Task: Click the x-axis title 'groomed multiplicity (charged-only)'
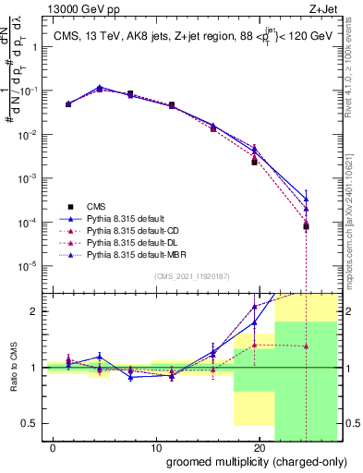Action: pyautogui.click(x=251, y=461)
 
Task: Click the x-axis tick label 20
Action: pyautogui.click(x=259, y=446)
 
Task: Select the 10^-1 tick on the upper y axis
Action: pyautogui.click(x=30, y=91)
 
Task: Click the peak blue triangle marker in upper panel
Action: pyautogui.click(x=100, y=88)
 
